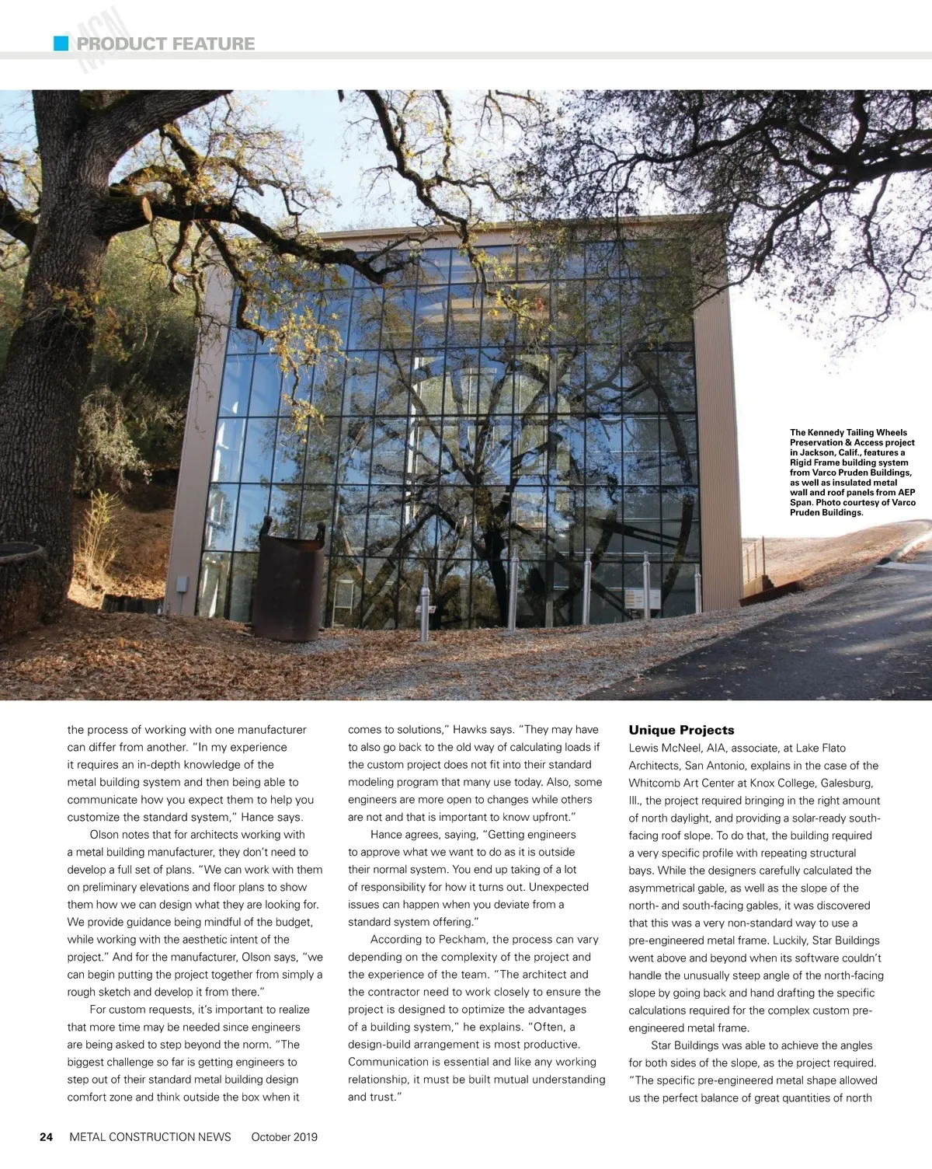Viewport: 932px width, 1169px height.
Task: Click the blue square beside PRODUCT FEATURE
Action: (61, 44)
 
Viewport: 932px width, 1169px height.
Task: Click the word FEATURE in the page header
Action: (213, 44)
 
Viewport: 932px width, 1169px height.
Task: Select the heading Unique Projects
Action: (681, 730)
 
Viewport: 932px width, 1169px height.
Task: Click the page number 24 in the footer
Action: (46, 1136)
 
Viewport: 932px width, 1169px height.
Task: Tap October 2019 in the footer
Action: (284, 1136)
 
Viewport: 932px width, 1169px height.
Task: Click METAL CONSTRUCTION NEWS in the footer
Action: (150, 1136)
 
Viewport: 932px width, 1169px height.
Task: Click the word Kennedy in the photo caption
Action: (826, 432)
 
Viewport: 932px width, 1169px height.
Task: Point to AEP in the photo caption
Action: (906, 492)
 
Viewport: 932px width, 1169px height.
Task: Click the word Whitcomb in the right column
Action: (653, 783)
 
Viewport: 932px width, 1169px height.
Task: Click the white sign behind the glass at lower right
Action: (635, 599)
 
